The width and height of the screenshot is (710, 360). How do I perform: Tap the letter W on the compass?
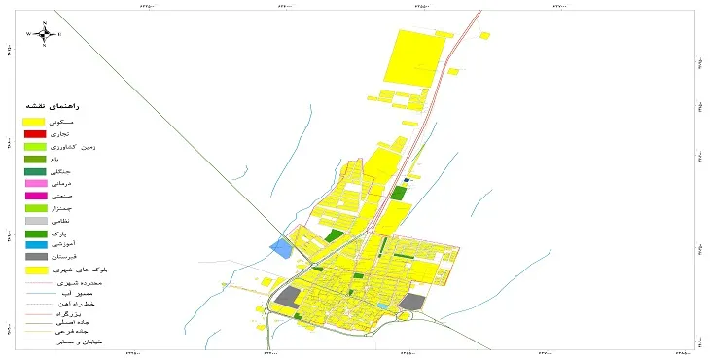click(29, 34)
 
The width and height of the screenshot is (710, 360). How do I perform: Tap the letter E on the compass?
click(59, 34)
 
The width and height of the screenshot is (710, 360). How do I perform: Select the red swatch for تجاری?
click(35, 133)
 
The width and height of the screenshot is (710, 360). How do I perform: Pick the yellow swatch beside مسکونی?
click(35, 121)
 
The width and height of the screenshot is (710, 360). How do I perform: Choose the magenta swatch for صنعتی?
click(35, 197)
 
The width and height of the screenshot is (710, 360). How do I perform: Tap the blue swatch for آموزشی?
click(35, 246)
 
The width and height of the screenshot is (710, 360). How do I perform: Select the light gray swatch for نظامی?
click(35, 222)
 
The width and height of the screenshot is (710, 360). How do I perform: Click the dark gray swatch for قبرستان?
click(35, 258)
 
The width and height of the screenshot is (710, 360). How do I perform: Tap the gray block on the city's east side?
click(413, 302)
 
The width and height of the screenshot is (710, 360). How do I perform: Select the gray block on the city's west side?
click(289, 298)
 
